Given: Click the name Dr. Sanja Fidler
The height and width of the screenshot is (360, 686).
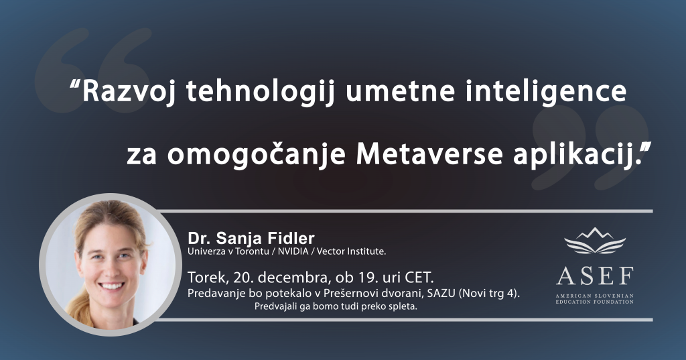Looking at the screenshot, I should click(x=251, y=238).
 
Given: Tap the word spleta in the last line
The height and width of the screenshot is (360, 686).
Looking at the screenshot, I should click(x=403, y=307).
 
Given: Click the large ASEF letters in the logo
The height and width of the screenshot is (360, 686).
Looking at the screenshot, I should click(x=594, y=276).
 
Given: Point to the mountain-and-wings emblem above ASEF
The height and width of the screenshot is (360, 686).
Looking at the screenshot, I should click(x=595, y=240).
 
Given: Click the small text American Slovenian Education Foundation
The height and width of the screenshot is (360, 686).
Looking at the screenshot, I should click(x=594, y=298).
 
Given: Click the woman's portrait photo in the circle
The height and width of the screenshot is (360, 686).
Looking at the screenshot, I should click(x=108, y=264).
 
